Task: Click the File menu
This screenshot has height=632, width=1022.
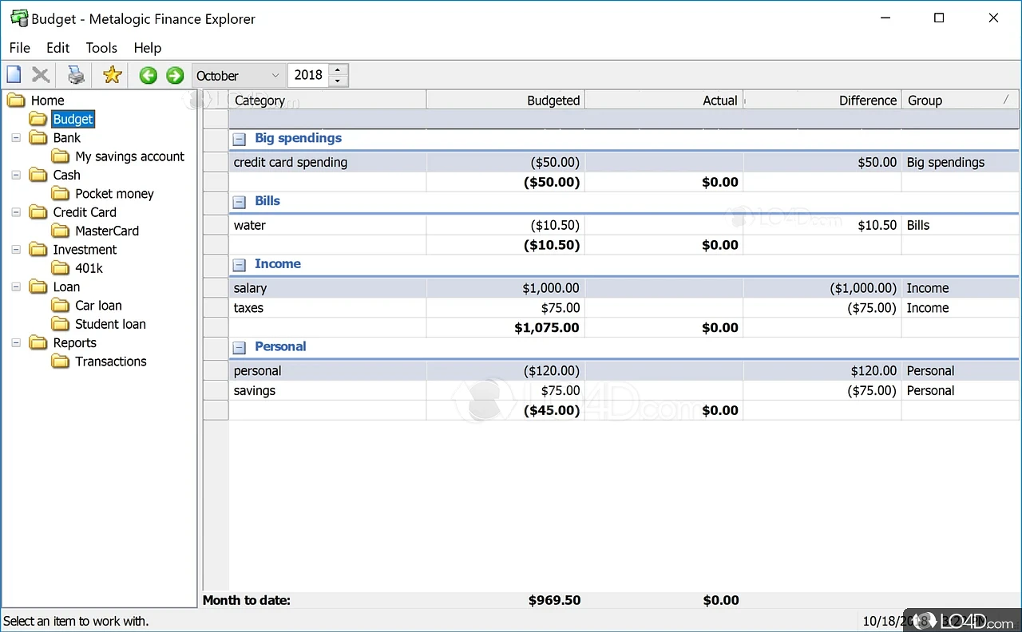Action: coord(19,48)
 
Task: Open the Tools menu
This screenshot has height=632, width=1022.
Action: coord(101,48)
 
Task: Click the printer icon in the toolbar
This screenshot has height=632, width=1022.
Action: coord(76,75)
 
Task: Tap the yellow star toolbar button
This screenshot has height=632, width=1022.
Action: coord(113,75)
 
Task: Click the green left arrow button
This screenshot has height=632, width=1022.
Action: coord(148,75)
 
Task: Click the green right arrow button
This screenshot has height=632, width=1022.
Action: coord(175,75)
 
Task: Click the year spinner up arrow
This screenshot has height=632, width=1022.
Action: coord(339,70)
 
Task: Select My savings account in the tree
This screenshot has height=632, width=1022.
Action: coord(129,156)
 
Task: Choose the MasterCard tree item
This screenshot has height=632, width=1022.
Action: coord(107,231)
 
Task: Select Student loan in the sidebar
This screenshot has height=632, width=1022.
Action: coord(110,324)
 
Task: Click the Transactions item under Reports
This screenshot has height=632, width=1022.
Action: coord(111,361)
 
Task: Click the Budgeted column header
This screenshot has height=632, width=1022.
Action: coord(505,100)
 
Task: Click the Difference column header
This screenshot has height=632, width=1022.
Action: coord(822,100)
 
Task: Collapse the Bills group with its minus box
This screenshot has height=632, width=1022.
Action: coord(239,202)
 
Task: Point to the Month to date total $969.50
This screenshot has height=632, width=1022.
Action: coord(554,600)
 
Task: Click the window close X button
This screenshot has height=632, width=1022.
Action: coord(993,18)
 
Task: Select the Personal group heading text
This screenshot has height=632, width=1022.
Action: coord(280,346)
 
